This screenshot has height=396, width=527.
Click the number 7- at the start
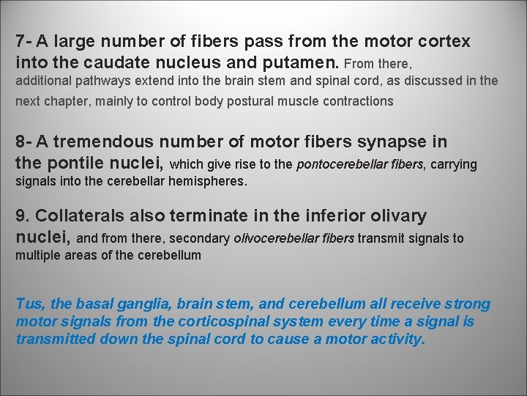pos(25,41)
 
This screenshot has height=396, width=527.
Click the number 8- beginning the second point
pos(25,142)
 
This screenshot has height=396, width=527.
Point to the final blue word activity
pos(398,340)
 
